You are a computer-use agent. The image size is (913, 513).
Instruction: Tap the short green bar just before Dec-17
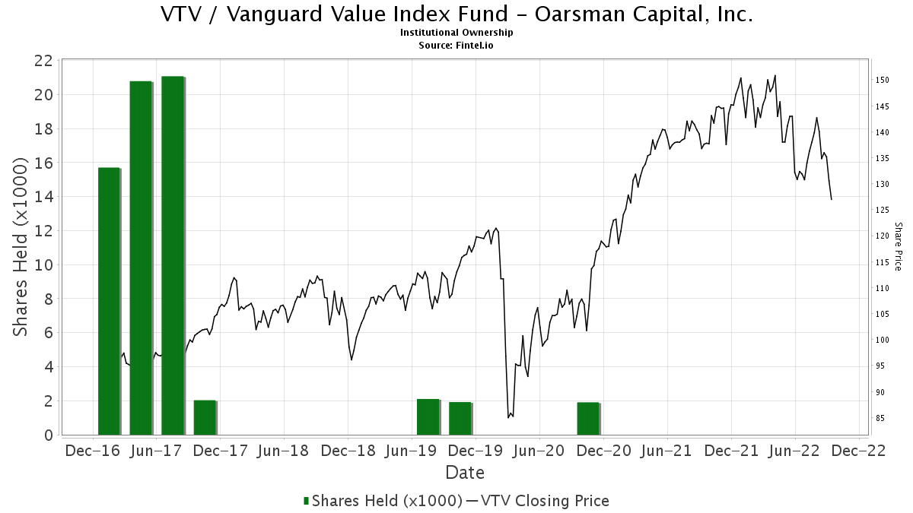(205, 417)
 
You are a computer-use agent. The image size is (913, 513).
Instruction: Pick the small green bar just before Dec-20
(588, 418)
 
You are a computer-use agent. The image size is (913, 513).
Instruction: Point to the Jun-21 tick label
(666, 450)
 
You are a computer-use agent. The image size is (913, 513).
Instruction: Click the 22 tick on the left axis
(43, 61)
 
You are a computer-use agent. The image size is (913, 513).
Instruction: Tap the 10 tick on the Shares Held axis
(43, 264)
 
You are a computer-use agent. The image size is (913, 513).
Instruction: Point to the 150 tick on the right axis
(883, 80)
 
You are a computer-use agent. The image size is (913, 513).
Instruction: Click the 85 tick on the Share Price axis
(880, 418)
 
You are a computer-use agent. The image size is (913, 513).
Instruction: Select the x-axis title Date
(465, 473)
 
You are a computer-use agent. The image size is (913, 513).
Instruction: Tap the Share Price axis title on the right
(898, 246)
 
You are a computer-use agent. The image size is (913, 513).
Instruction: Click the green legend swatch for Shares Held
(307, 501)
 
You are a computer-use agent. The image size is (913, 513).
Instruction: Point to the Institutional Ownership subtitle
(456, 33)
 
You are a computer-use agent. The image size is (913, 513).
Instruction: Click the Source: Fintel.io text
(456, 45)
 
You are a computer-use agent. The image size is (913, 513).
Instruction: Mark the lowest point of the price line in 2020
(508, 417)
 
